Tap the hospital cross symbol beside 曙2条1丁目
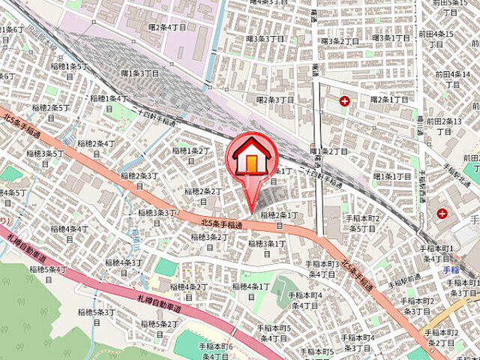tap(344, 100)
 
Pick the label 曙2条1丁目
tap(388, 99)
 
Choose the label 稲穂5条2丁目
tap(157, 324)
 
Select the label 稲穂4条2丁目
tap(188, 286)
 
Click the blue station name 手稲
tap(450, 270)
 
